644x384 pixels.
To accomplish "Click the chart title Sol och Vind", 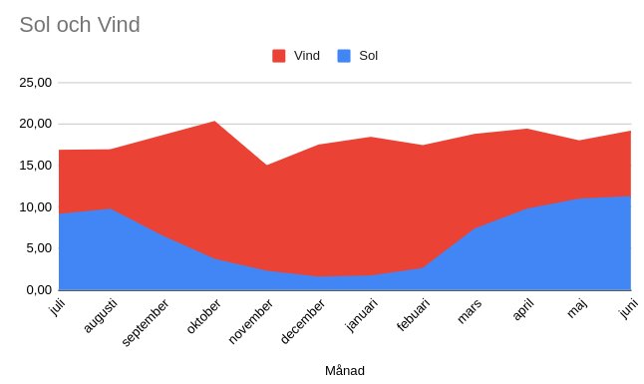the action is tap(80, 25).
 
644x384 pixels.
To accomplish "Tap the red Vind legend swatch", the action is tap(279, 56).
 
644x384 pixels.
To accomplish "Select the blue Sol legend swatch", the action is tap(344, 56).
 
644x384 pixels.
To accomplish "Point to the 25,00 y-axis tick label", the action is tap(36, 83).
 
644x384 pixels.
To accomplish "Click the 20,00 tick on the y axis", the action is tap(36, 124).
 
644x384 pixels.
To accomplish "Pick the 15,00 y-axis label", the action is tap(36, 166).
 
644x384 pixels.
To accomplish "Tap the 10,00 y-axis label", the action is tap(36, 207).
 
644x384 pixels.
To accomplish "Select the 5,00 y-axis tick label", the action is tap(39, 248).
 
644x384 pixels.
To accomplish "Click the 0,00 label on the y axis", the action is tap(39, 290).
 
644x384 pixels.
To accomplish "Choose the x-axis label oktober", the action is tap(203, 316).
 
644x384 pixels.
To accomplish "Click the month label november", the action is tap(250, 321).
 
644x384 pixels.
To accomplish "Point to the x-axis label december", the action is tap(303, 321).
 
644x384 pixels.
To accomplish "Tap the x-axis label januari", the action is tap(362, 315).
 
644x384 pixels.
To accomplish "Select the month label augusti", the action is tap(101, 316).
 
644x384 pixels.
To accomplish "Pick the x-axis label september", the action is tap(146, 323).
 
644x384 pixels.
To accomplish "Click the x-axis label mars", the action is tap(470, 311).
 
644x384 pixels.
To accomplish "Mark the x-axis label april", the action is tap(523, 309).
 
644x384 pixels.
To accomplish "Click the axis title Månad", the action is tap(345, 371).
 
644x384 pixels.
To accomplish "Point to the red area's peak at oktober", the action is tap(214, 121).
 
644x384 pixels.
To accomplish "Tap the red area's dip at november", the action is tap(267, 166).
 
